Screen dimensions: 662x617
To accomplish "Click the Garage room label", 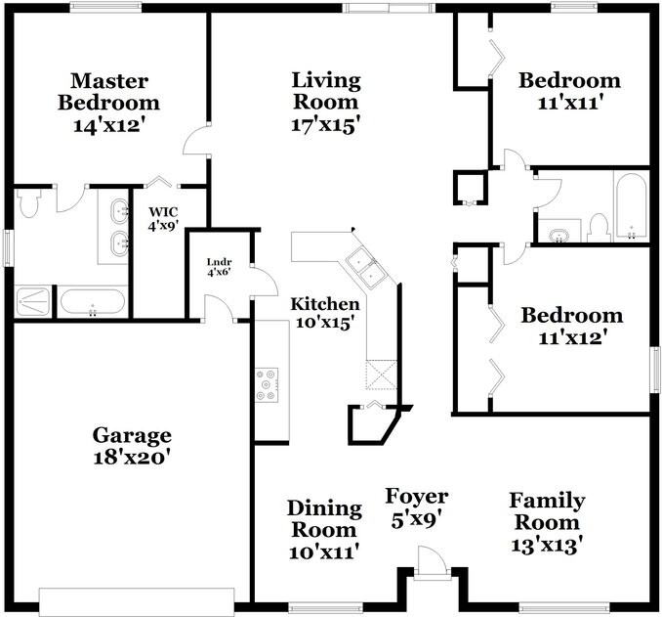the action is [x=132, y=435].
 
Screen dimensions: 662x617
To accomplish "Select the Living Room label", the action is [x=326, y=91].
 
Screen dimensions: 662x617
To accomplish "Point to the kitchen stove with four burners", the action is [x=267, y=384].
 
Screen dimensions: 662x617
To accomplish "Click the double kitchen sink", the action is [x=365, y=269].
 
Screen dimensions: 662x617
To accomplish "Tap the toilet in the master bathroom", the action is [x=27, y=201].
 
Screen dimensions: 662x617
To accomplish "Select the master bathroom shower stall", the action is [x=33, y=300].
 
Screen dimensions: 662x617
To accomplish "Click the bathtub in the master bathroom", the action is [x=93, y=302].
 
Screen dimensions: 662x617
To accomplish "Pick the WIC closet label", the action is [x=163, y=211].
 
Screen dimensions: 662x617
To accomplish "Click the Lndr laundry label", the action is [x=219, y=262].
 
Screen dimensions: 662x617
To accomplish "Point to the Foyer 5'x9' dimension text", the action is [x=416, y=519].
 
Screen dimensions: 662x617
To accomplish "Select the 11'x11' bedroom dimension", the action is [x=569, y=103].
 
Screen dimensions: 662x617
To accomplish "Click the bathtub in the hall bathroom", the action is [x=631, y=206].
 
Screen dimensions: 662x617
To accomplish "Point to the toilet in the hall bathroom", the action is [x=598, y=229].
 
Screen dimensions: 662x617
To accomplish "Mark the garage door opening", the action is [x=137, y=601].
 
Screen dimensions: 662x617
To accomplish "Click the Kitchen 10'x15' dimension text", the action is [x=324, y=324].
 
